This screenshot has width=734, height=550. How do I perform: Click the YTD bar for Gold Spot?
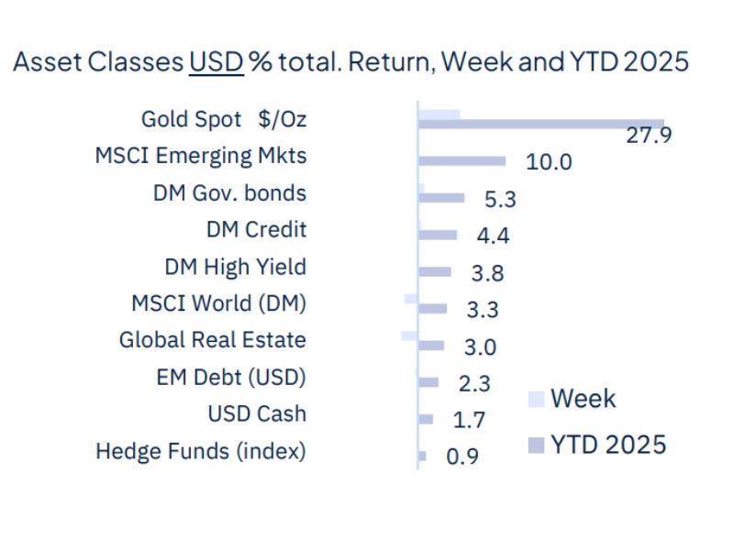pyautogui.click(x=541, y=124)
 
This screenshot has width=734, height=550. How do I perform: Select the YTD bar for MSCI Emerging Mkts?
pyautogui.click(x=462, y=161)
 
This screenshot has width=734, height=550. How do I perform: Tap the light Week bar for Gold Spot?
pyautogui.click(x=439, y=114)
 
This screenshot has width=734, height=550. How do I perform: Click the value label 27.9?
pyautogui.click(x=650, y=136)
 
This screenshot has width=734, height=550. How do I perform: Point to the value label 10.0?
pyautogui.click(x=549, y=162)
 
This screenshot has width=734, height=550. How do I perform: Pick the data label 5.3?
pyautogui.click(x=496, y=199)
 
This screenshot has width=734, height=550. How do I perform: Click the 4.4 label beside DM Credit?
pyautogui.click(x=493, y=236)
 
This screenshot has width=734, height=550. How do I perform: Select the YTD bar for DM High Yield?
pyautogui.click(x=435, y=271)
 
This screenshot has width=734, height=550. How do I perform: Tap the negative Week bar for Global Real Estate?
pyautogui.click(x=409, y=335)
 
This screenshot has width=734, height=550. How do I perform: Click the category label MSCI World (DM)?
pyautogui.click(x=218, y=303)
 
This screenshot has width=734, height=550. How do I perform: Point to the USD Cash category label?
pyautogui.click(x=257, y=413)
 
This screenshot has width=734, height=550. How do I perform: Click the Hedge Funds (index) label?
pyautogui.click(x=201, y=451)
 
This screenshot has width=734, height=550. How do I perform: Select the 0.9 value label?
pyautogui.click(x=462, y=456)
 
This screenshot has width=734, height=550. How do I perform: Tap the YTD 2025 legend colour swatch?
pyautogui.click(x=537, y=445)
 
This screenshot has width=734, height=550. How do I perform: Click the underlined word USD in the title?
pyautogui.click(x=216, y=62)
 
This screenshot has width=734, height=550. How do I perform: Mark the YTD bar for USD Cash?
pyautogui.click(x=426, y=419)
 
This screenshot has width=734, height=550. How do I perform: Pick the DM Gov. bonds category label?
pyautogui.click(x=229, y=193)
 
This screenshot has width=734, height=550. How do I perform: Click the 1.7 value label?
pyautogui.click(x=468, y=420)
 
